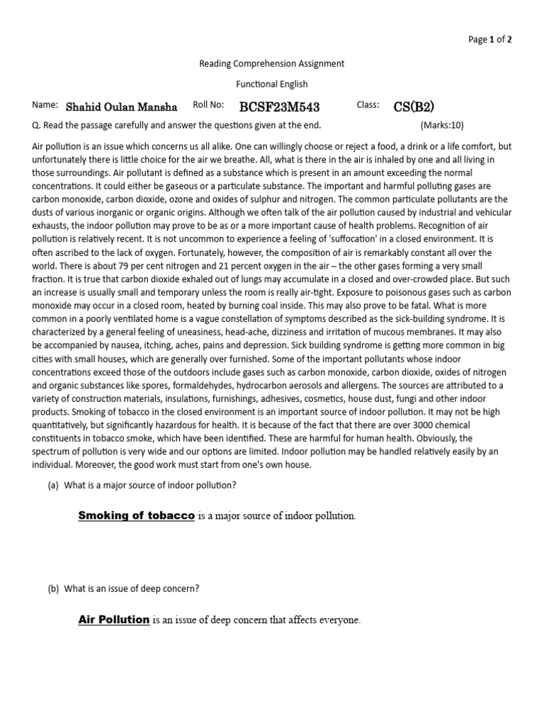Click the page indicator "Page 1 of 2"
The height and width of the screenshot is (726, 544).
[x=490, y=40]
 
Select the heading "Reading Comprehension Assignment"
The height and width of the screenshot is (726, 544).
[x=272, y=63]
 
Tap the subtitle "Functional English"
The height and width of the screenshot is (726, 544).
[x=272, y=84]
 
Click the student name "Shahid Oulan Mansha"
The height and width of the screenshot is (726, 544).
[x=122, y=107]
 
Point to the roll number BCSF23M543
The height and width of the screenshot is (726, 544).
[x=279, y=107]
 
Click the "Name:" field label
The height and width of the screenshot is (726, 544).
[x=45, y=105]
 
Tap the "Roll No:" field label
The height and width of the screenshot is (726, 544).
[x=208, y=105]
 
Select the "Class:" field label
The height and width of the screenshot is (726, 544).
[x=368, y=105]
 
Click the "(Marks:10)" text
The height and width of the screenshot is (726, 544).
[x=441, y=125]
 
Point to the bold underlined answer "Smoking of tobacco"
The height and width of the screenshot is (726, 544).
[x=136, y=515]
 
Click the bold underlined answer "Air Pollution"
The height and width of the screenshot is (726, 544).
[x=113, y=620]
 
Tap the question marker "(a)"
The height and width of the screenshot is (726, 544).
[x=53, y=485]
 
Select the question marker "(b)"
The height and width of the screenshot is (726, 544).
[x=53, y=588]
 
